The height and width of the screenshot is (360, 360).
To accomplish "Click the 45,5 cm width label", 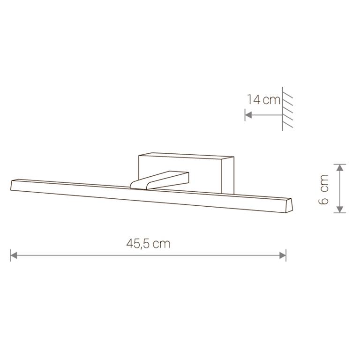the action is [148, 244].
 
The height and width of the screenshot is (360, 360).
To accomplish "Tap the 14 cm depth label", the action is [263, 100].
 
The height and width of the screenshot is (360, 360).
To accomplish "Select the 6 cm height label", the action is [323, 189].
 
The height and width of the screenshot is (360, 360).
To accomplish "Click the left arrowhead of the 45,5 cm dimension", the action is [14, 255].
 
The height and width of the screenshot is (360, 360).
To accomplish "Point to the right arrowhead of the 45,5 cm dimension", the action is [283, 255].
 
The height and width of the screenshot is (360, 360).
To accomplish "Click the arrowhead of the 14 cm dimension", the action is [248, 115].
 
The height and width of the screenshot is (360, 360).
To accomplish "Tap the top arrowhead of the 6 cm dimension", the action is [340, 168].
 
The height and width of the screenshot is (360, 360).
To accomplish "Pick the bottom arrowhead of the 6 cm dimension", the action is [340, 210].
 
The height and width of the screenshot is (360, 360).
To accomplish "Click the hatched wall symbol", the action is [287, 109].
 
